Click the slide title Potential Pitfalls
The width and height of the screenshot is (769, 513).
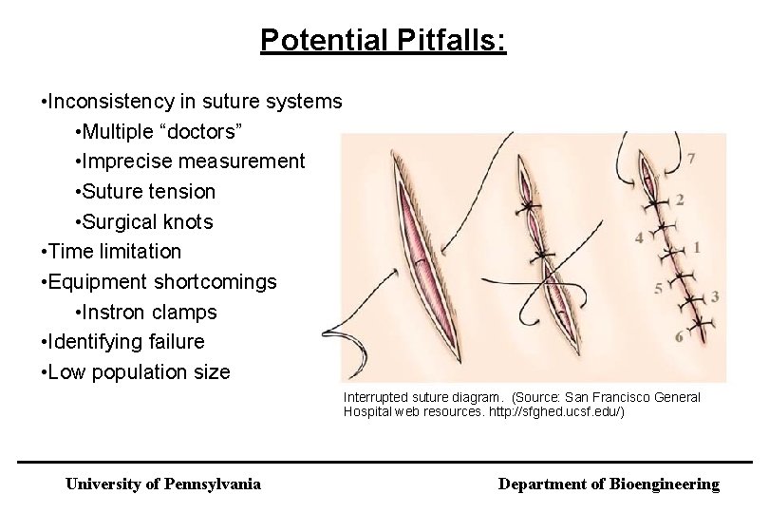[384, 40]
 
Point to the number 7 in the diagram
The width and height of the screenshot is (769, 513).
[691, 158]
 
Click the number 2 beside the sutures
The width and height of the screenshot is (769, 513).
[679, 199]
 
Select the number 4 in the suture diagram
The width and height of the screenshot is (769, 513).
[640, 237]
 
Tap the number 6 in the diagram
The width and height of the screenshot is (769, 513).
[678, 337]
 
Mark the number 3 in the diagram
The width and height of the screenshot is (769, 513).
[714, 297]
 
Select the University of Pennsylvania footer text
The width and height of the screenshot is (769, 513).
[162, 484]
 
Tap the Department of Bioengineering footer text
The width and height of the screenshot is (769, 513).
[609, 484]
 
